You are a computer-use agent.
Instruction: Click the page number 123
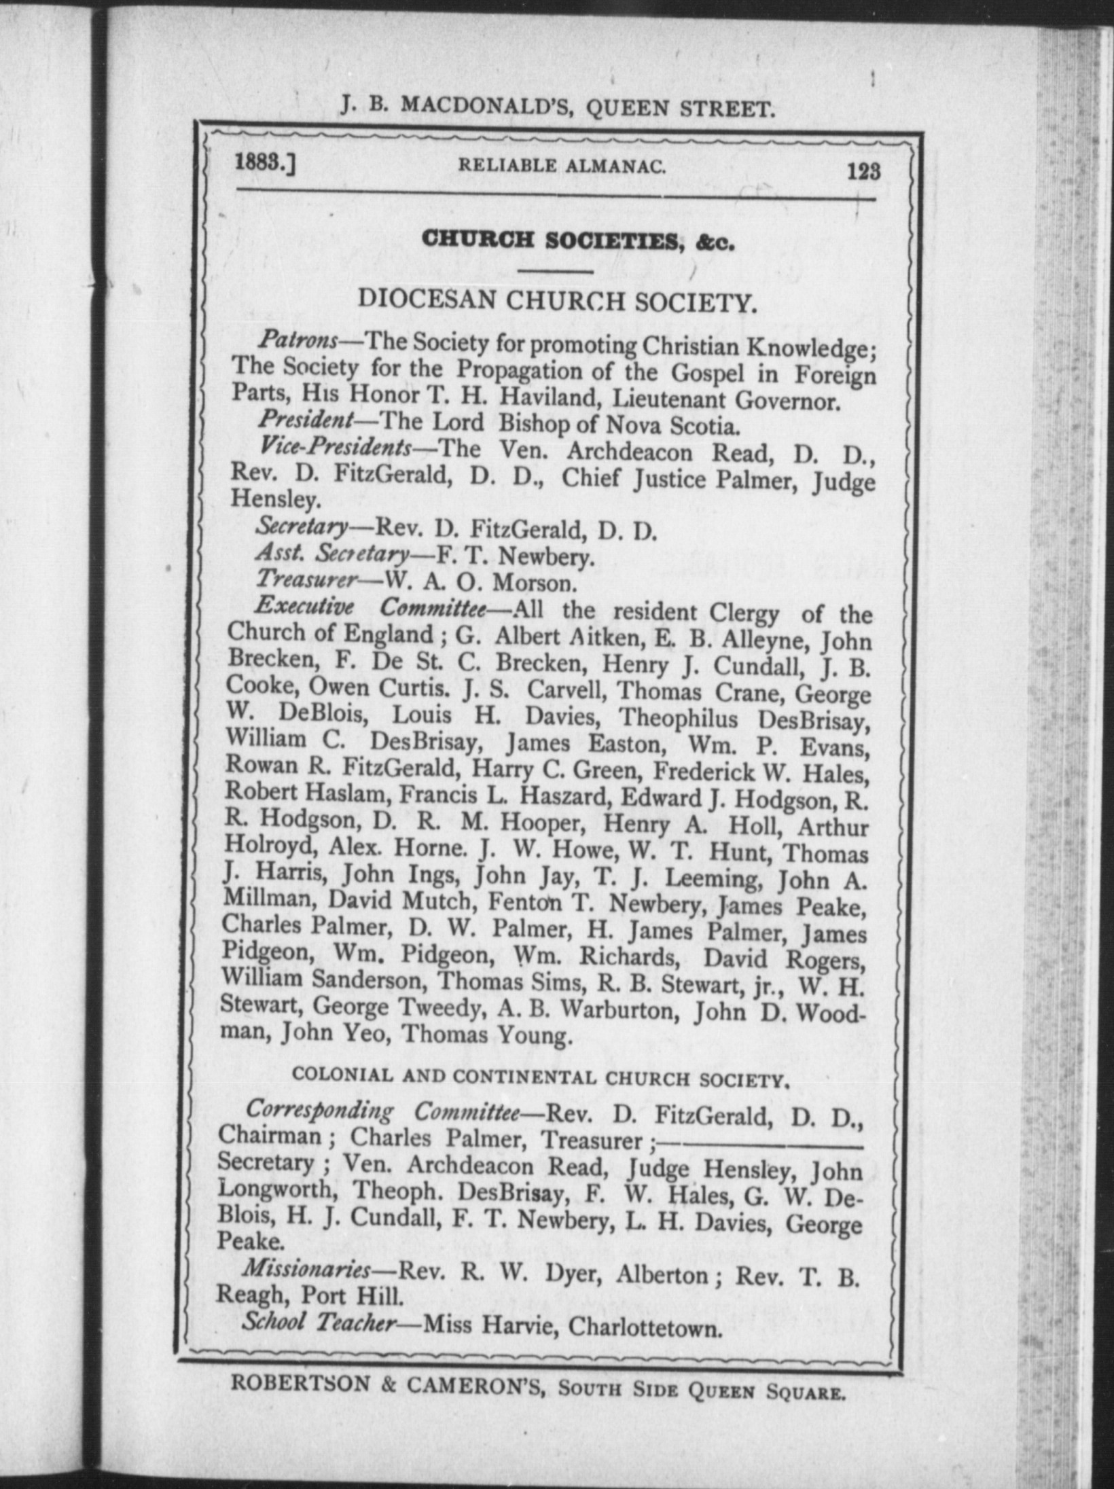click(863, 171)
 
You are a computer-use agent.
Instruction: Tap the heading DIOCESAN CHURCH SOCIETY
click(557, 302)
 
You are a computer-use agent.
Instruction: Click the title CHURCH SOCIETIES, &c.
click(577, 240)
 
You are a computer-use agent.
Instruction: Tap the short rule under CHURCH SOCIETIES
click(556, 272)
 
